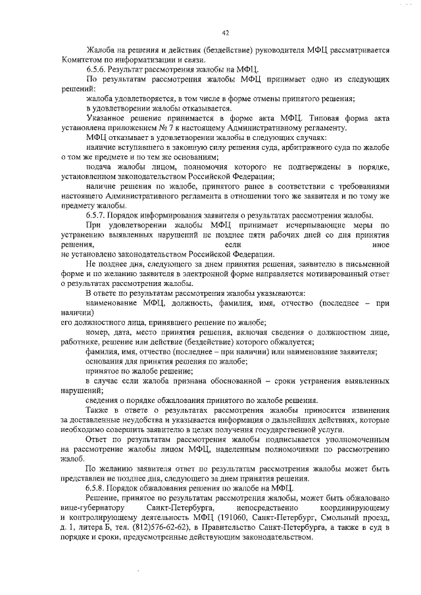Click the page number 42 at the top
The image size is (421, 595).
(225, 32)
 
